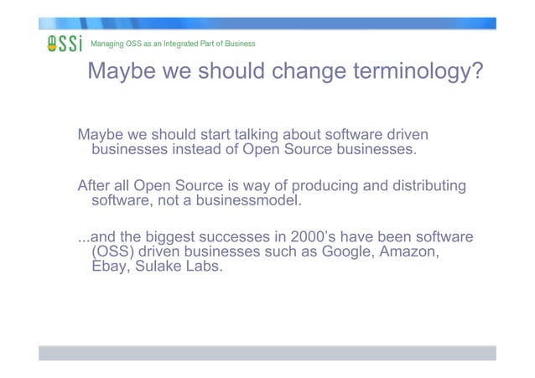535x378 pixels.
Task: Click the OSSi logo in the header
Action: coord(64,44)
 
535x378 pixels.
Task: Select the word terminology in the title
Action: coord(418,72)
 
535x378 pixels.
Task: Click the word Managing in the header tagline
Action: coord(107,43)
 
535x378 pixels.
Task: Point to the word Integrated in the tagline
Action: coord(186,43)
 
